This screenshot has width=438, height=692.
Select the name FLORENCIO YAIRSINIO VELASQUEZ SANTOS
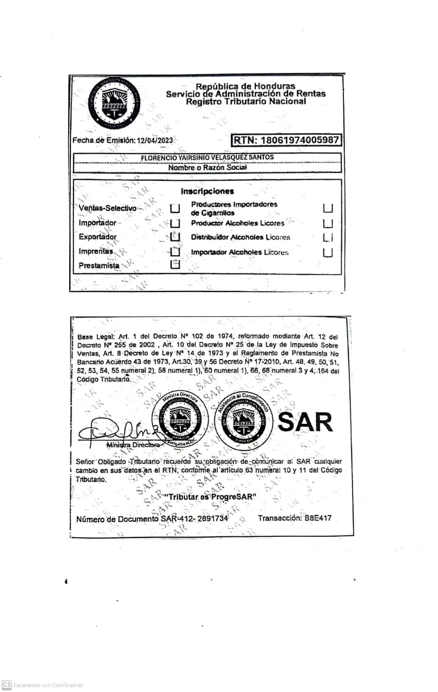tap(207, 157)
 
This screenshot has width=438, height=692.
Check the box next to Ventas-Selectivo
tap(175, 209)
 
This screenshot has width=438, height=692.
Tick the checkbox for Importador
tap(175, 223)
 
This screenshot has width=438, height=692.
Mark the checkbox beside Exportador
tap(175, 237)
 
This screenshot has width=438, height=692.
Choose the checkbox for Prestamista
tap(175, 265)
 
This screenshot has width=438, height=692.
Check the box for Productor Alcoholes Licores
tap(328, 223)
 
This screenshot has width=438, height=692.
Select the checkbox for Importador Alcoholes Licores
tap(328, 252)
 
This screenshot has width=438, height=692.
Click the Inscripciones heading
tap(207, 191)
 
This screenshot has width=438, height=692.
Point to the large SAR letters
tap(306, 423)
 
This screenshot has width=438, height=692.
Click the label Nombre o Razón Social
tap(207, 168)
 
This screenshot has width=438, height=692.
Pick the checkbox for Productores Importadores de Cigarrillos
tap(328, 209)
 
